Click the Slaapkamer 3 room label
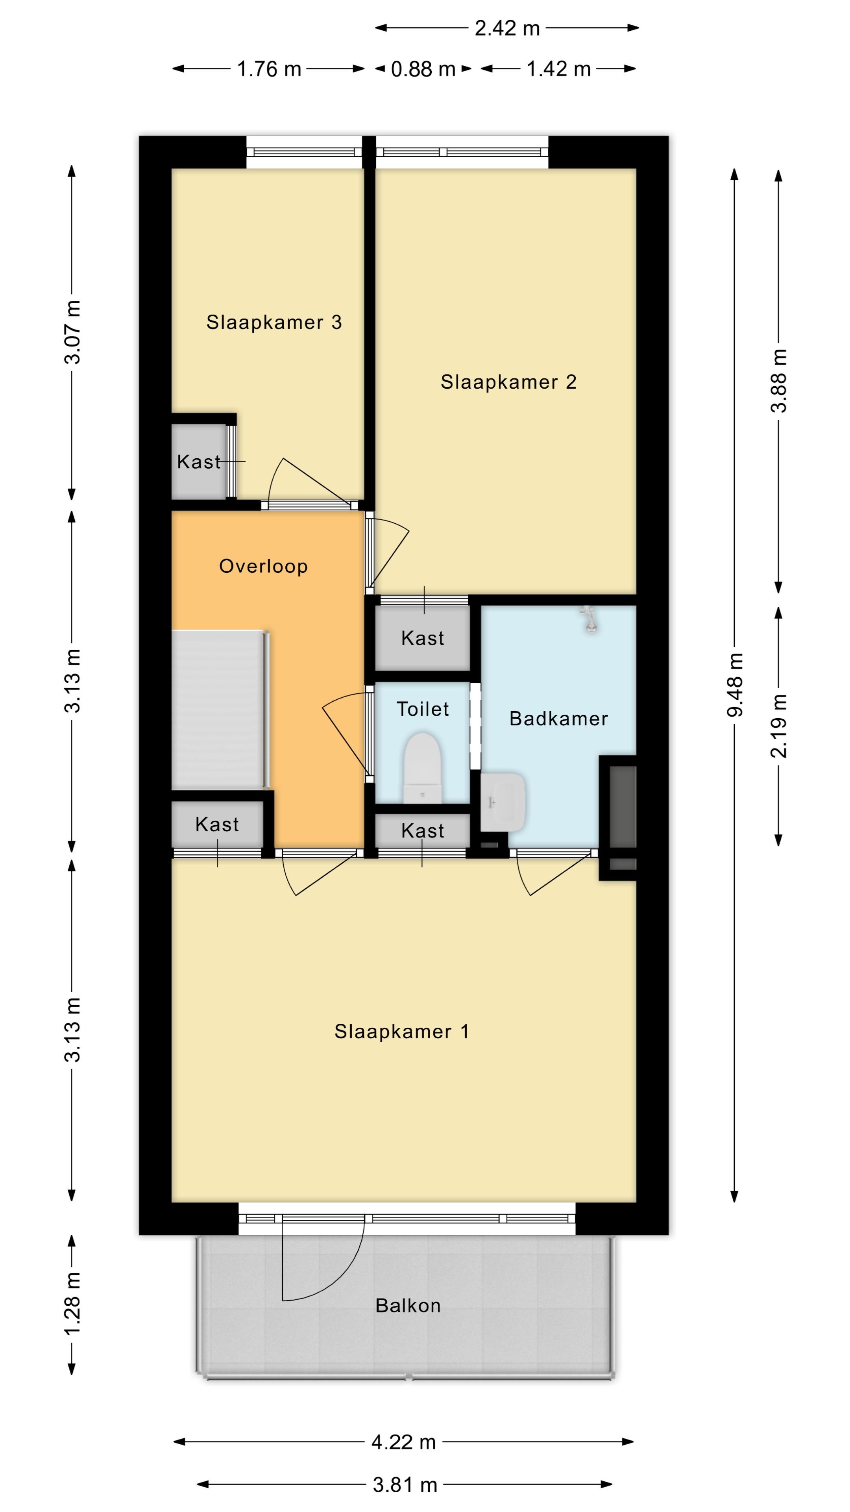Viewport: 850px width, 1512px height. coord(273,322)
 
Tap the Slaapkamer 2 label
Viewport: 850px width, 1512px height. coord(508,382)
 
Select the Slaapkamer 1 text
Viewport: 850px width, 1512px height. coord(402,1031)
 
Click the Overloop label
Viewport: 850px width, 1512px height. coord(263,567)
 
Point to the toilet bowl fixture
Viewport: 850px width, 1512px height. coord(422,767)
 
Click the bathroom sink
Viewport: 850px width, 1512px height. coord(503,801)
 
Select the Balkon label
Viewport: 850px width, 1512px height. coord(408,1305)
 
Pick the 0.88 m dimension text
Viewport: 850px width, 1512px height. coord(423,69)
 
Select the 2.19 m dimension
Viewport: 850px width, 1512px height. coord(778,726)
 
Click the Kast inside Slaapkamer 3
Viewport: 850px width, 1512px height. coord(199,462)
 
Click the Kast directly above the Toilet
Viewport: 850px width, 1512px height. coord(422,638)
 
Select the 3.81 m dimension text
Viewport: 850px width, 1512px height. coord(405,1485)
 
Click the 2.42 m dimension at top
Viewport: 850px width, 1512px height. coord(507,28)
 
